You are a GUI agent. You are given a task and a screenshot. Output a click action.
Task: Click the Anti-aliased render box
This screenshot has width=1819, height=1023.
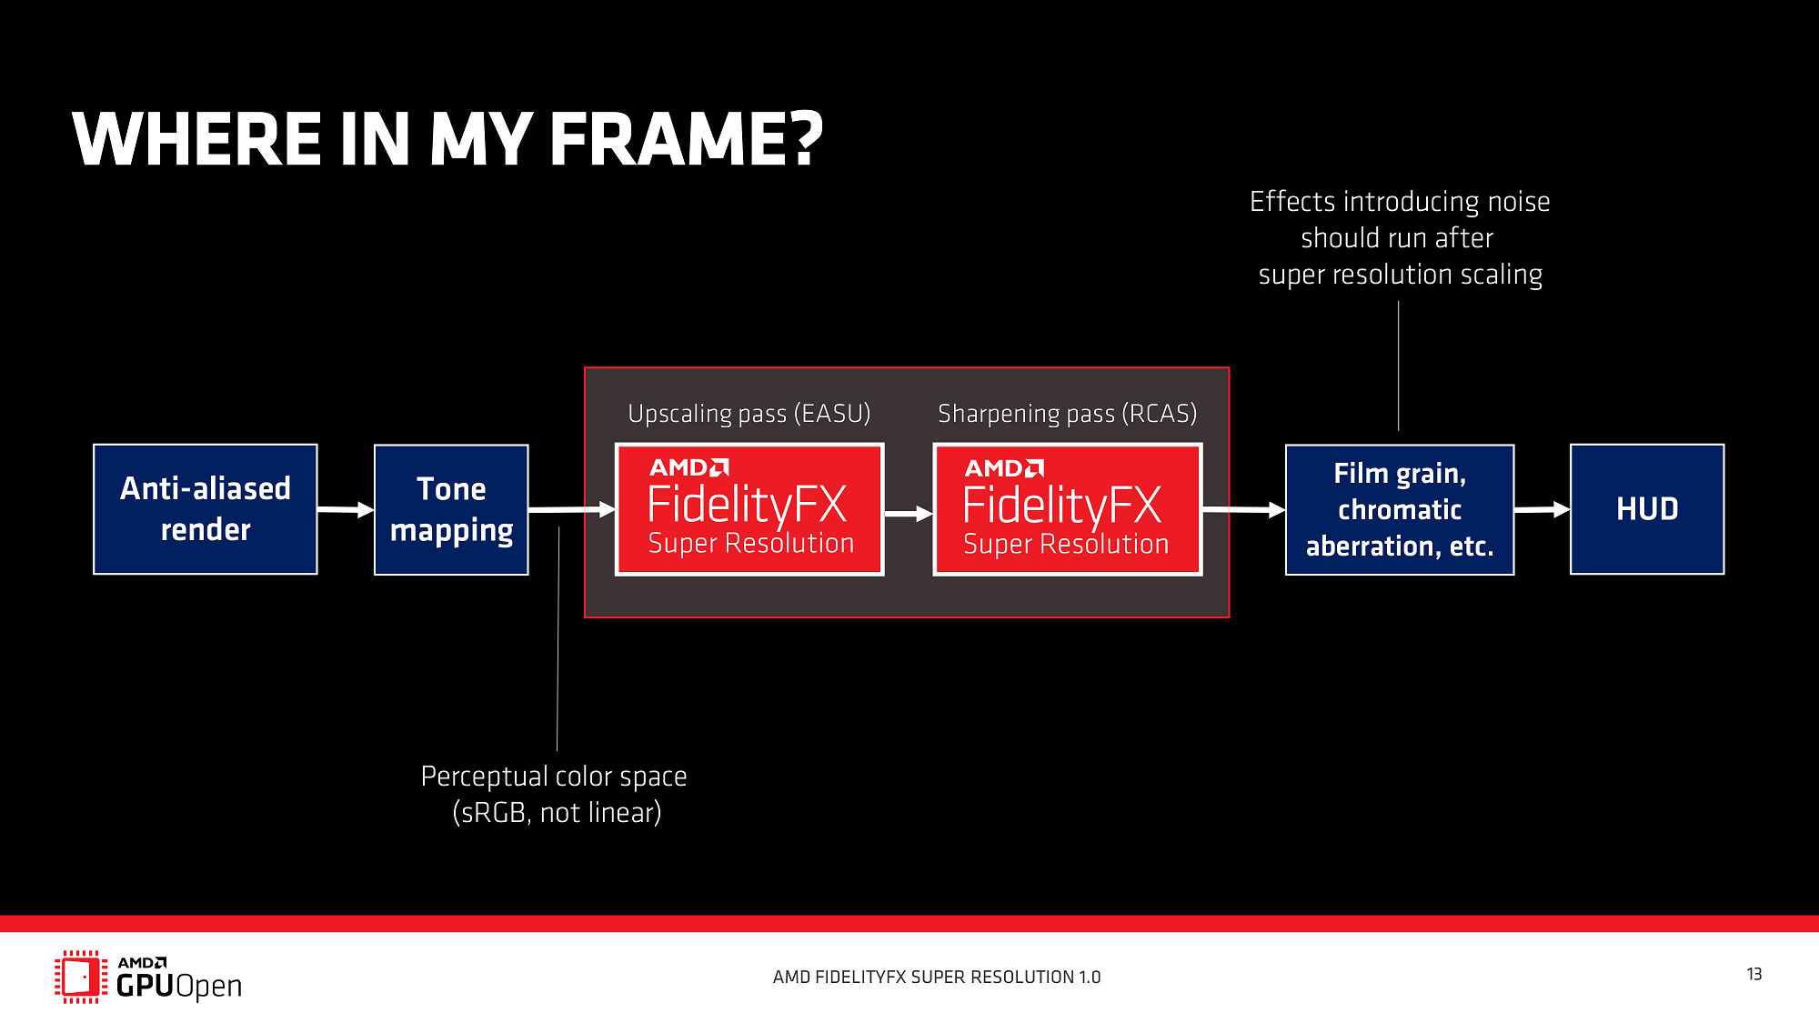point(206,509)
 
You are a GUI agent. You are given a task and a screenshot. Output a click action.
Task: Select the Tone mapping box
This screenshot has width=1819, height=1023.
point(451,509)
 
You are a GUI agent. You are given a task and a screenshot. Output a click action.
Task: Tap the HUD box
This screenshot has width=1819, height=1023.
point(1647,509)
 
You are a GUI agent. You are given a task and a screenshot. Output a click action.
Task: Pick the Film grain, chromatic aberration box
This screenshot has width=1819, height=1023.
point(1400,509)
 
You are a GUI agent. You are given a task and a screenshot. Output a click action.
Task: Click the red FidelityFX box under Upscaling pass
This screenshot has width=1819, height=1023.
point(749,509)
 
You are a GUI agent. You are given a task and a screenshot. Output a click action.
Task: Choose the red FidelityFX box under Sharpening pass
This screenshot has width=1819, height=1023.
point(1068,509)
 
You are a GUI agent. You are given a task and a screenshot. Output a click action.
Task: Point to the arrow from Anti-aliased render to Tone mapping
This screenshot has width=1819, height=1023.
point(346,509)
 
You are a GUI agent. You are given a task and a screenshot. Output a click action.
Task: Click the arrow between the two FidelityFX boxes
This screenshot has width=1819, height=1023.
point(909,514)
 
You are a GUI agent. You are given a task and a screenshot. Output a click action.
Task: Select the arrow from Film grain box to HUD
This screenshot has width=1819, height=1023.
point(1543,509)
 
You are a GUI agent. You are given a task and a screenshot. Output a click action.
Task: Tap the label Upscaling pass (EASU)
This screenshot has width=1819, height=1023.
point(749,414)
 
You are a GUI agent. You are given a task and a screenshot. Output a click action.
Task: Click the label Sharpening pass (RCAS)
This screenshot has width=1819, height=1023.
point(1067,414)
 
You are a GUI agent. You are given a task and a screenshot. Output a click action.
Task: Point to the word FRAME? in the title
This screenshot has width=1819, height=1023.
point(686,140)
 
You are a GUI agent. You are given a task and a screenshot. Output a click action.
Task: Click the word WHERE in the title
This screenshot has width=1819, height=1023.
point(196,140)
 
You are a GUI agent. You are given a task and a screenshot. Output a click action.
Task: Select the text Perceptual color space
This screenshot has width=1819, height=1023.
point(554,777)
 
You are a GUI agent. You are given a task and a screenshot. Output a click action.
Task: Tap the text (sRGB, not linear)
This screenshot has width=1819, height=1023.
point(557,812)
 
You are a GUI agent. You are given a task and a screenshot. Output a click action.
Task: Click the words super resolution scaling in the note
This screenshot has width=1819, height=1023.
point(1400,275)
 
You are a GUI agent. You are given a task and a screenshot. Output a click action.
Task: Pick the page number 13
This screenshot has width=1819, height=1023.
point(1754,974)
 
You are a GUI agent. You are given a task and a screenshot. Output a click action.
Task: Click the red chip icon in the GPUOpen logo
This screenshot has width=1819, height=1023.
point(80,977)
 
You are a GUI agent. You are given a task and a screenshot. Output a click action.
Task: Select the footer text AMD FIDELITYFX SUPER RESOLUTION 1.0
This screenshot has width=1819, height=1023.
point(937,978)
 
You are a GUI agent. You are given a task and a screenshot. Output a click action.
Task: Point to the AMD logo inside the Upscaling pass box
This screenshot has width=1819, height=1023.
point(688,467)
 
